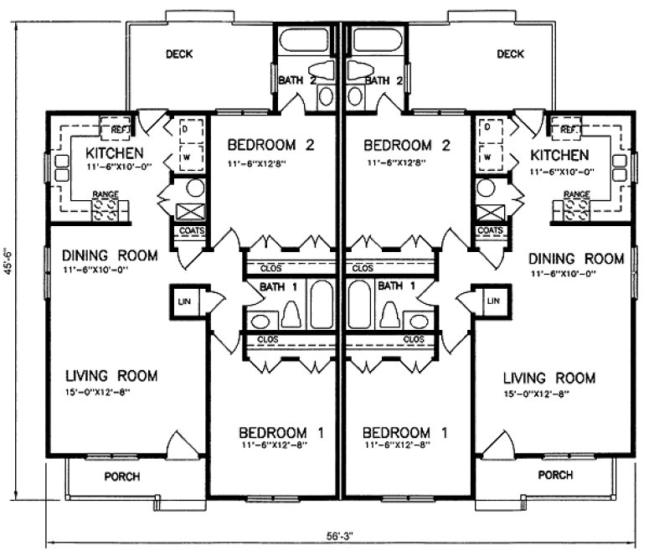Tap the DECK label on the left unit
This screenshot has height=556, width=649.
point(178,54)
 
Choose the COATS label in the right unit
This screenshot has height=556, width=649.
point(490,230)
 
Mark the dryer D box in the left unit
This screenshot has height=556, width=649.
point(186,130)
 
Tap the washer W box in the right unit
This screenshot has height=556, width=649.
point(487,156)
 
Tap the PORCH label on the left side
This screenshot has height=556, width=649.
point(121,476)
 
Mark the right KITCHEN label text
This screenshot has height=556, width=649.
point(559,155)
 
